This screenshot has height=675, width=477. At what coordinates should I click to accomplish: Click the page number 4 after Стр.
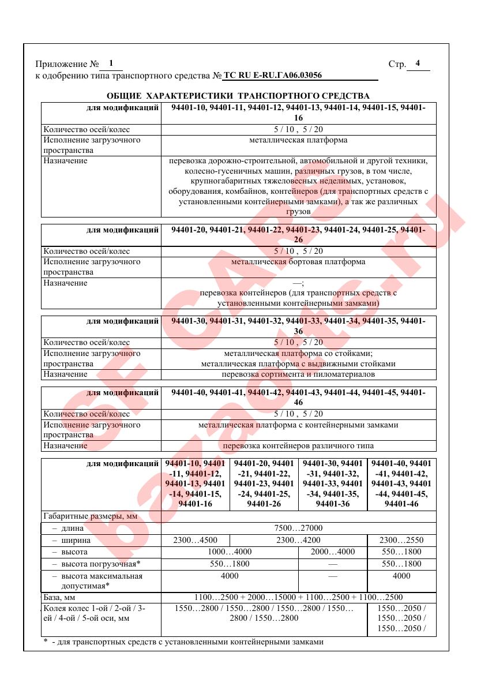coord(418,63)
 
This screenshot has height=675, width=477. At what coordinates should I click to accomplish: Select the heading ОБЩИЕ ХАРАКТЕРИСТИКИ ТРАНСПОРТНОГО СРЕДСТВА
coord(238,95)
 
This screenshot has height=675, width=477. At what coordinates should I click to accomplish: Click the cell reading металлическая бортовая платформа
coord(298,262)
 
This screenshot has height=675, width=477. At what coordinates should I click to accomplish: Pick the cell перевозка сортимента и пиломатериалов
coord(298,374)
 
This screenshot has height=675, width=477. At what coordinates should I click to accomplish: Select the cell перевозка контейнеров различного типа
coord(298,446)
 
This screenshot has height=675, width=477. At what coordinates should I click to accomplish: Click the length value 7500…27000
coord(298,528)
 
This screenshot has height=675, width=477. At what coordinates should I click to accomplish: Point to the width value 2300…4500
coord(195,540)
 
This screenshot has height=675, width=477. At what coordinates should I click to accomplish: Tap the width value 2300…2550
coord(401,540)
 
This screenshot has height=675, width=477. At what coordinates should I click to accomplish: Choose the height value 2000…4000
coord(332,552)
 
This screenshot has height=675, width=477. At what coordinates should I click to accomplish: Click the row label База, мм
coord(60,598)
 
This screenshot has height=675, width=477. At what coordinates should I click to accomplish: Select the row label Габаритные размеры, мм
coord(90,516)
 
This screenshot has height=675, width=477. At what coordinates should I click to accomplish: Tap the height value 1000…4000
coord(229,552)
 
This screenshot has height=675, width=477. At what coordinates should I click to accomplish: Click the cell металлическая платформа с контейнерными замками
coord(298,425)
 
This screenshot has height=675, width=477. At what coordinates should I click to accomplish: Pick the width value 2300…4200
coord(298,540)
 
